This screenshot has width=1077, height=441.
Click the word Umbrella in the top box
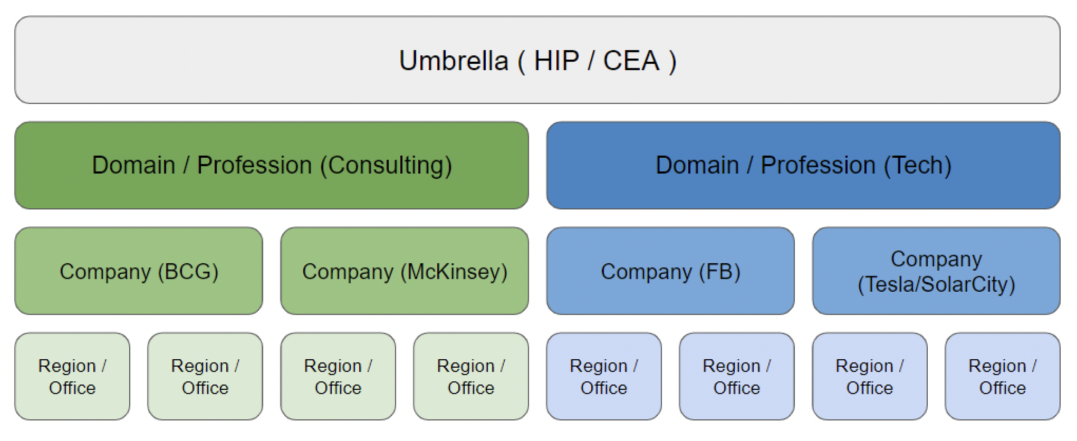pyautogui.click(x=454, y=61)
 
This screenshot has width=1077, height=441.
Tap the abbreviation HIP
pyautogui.click(x=556, y=61)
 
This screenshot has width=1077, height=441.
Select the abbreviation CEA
pyautogui.click(x=631, y=61)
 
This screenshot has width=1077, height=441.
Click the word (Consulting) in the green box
pyautogui.click(x=386, y=166)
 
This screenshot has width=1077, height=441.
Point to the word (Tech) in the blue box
pyautogui.click(x=918, y=166)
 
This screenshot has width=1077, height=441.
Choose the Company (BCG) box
pyautogui.click(x=139, y=271)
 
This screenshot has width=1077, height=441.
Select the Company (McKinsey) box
pyautogui.click(x=405, y=271)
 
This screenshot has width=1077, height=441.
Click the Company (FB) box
pyautogui.click(x=670, y=271)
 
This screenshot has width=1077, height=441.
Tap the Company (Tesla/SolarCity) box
pyautogui.click(x=936, y=271)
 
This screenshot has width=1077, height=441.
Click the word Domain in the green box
pyautogui.click(x=133, y=165)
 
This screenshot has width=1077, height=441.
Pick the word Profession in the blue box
pyautogui.click(x=818, y=165)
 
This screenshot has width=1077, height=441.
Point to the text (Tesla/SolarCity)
pyautogui.click(x=936, y=284)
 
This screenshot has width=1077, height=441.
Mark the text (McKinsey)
pyautogui.click(x=454, y=272)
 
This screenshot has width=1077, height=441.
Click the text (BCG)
pyautogui.click(x=188, y=272)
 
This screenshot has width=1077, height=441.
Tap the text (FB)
pyautogui.click(x=720, y=272)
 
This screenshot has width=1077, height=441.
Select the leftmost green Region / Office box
pyautogui.click(x=72, y=376)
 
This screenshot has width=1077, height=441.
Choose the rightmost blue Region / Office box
pyautogui.click(x=1003, y=376)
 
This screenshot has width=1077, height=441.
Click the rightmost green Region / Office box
pyautogui.click(x=471, y=376)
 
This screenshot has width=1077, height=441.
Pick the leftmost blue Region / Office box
pyautogui.click(x=604, y=376)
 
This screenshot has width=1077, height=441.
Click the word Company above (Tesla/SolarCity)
pyautogui.click(x=936, y=259)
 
